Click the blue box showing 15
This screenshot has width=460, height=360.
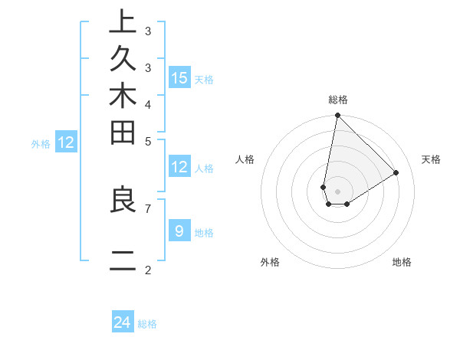pos(179,78)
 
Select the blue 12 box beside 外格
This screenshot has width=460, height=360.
pos(66,142)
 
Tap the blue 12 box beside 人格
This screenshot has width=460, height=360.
pos(179,168)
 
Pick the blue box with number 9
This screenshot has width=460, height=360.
pos(179,231)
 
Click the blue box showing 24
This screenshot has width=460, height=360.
pos(123,323)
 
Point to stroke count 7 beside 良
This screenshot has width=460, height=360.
pos(148,208)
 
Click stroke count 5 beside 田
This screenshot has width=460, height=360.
pos(148,141)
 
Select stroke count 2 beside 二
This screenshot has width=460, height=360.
pos(148,270)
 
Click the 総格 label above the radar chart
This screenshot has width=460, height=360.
pos(337,100)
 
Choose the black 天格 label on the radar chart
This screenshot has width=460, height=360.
pos(431,159)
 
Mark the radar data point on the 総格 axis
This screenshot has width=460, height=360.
pos(337,116)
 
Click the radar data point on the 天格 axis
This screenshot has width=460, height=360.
pos(396,172)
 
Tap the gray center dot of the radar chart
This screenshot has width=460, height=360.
pos(337,191)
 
